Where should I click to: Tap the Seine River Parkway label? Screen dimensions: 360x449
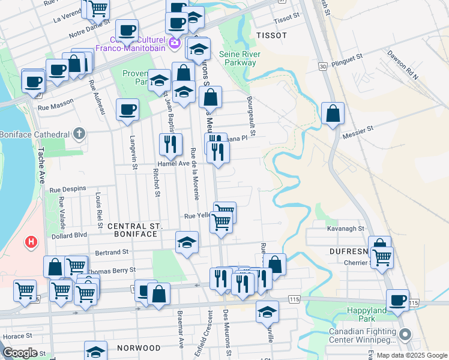238,58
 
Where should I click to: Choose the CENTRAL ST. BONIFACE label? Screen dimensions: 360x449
135,230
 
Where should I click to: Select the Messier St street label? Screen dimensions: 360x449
358,128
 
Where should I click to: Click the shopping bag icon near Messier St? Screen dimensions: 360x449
333,113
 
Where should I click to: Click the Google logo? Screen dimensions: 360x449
20,352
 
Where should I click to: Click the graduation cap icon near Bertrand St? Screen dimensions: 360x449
187,242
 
